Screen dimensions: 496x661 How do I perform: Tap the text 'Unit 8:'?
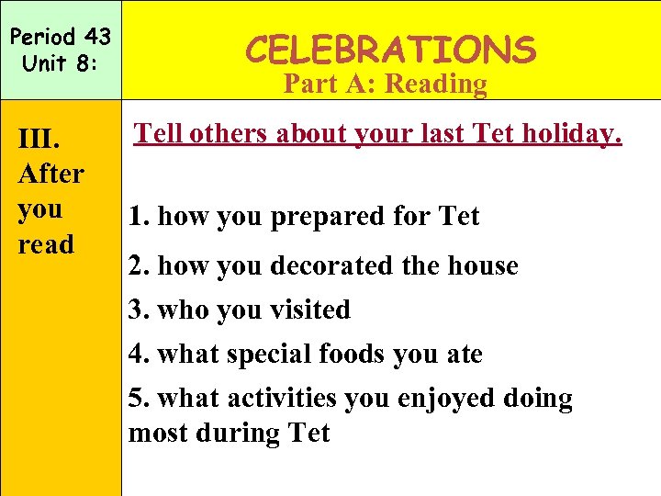pos(59,65)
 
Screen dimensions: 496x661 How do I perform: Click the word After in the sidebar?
pos(51,174)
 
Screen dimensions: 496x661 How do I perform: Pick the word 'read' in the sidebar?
pos(46,244)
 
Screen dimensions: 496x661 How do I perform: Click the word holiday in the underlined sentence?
pos(571,134)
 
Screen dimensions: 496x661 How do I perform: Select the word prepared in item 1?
pos(309,218)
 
